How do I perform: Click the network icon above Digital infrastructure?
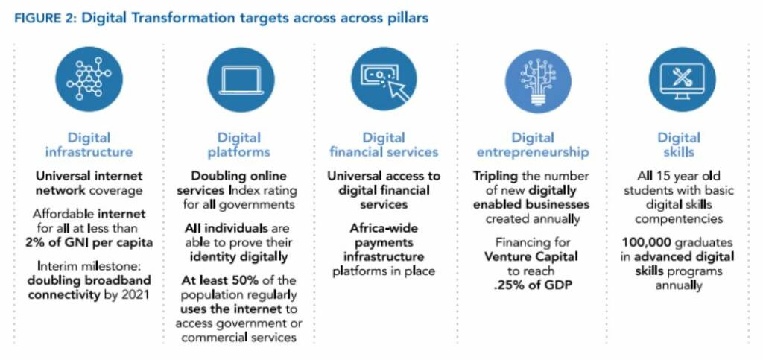(x=89, y=79)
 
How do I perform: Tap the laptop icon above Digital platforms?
(x=241, y=80)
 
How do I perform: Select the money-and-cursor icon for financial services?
(x=384, y=79)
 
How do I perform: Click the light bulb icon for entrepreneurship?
(x=538, y=80)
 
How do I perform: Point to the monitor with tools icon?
(x=683, y=79)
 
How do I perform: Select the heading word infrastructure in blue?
(x=89, y=152)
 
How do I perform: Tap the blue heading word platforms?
(x=239, y=152)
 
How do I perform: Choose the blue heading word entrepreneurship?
(x=533, y=152)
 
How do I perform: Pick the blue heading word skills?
(x=679, y=152)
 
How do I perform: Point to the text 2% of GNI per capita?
(x=89, y=242)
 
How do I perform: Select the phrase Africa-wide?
(x=384, y=227)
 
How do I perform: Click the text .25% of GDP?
(x=533, y=285)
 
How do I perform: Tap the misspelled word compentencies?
(x=679, y=219)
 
